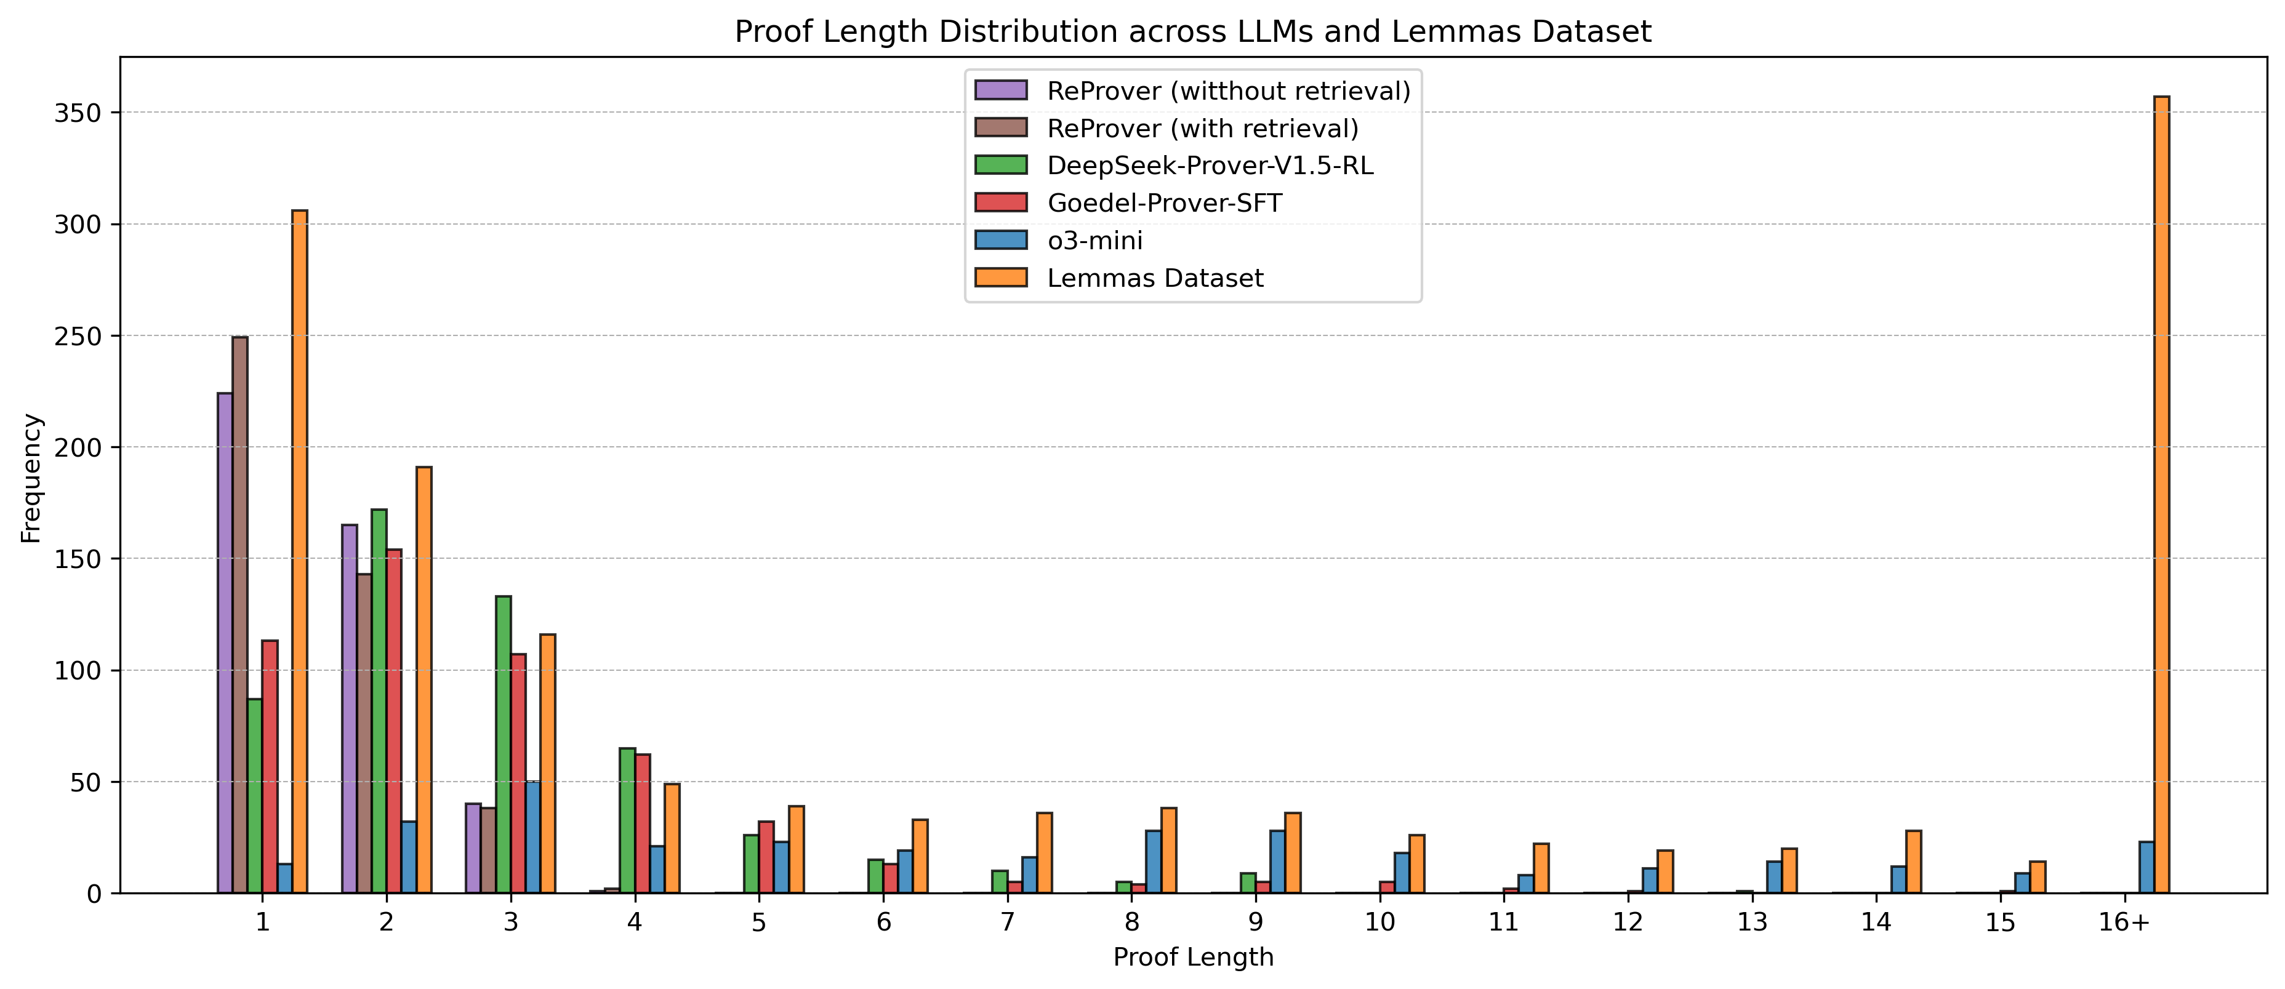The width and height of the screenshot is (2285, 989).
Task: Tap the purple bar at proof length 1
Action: (225, 643)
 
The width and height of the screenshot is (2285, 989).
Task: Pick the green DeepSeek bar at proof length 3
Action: (503, 745)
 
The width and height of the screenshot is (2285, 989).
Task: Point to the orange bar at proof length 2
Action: (424, 679)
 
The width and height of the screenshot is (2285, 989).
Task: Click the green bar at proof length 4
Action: (627, 820)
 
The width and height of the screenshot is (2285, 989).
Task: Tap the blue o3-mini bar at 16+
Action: (2146, 868)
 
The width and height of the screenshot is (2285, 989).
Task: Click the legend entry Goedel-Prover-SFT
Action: (1164, 203)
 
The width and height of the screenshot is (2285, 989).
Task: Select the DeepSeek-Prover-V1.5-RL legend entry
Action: (1210, 166)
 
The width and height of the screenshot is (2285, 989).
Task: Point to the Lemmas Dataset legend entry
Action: (1155, 278)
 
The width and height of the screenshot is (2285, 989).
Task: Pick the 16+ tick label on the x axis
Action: (2124, 923)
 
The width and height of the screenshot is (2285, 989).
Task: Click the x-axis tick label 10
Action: (1380, 923)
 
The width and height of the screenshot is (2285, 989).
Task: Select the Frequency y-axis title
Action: (31, 478)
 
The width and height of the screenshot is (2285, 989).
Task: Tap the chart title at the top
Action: (1193, 32)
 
